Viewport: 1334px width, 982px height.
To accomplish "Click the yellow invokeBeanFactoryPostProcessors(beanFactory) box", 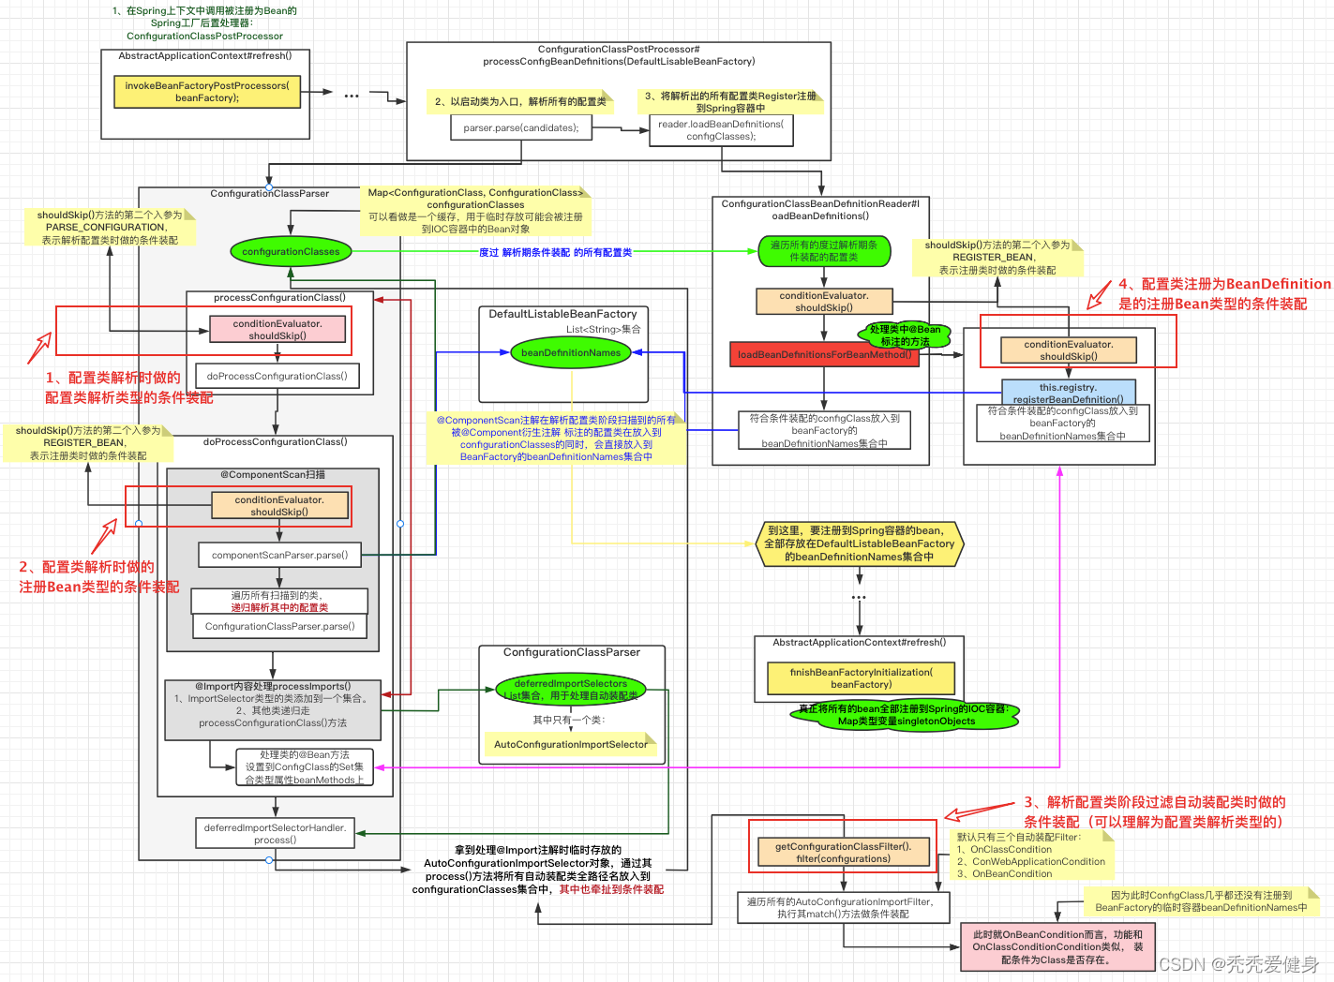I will [x=207, y=92].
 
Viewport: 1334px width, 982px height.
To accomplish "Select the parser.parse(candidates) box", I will [x=521, y=127].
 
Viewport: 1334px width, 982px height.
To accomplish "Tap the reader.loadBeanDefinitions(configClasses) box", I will [x=721, y=130].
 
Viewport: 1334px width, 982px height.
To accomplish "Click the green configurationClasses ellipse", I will [x=291, y=251].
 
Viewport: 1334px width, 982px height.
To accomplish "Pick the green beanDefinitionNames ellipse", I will [x=571, y=353].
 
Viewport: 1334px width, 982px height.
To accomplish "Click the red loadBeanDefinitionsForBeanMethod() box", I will [x=824, y=354].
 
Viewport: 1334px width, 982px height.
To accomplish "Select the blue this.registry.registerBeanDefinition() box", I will [x=1068, y=393].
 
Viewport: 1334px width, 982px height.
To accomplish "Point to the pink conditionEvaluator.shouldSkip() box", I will [x=277, y=330].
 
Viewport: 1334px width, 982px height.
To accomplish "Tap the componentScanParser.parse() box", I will [x=279, y=555].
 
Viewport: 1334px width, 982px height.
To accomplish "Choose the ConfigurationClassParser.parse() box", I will [x=279, y=626].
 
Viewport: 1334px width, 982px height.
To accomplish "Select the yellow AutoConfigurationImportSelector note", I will [x=571, y=745].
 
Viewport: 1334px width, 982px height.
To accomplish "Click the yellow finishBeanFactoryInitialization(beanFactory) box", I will [x=861, y=678].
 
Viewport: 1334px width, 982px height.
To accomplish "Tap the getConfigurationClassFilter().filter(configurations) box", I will [x=843, y=852].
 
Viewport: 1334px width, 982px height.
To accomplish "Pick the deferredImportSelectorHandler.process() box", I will [x=275, y=833].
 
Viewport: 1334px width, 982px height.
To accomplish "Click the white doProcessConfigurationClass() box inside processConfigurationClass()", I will [x=277, y=376].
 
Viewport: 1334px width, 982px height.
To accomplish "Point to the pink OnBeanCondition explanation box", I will [x=1057, y=947].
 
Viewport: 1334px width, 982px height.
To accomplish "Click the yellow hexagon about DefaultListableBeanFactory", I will [x=859, y=543].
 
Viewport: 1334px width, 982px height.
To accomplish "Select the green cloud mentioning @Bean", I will [x=905, y=335].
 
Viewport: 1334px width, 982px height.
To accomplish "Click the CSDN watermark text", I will [x=1238, y=964].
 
